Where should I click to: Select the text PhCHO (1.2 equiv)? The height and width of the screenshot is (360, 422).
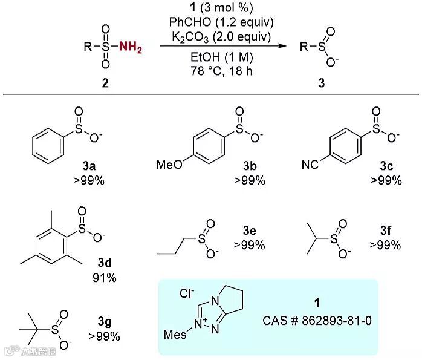tap(221, 22)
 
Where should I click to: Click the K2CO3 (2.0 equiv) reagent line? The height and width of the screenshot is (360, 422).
tap(221, 36)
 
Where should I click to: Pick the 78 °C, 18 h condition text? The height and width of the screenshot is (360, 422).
tap(221, 71)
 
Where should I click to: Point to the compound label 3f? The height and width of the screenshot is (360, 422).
tap(385, 231)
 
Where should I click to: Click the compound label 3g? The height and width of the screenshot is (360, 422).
tap(104, 322)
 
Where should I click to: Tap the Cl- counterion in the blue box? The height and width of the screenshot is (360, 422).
tap(187, 293)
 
